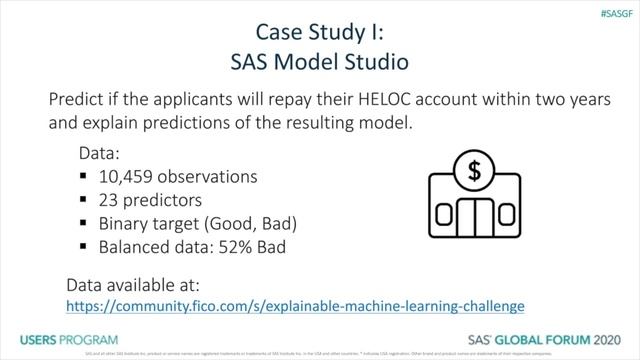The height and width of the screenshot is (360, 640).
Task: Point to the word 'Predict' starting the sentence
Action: pyautogui.click(x=79, y=103)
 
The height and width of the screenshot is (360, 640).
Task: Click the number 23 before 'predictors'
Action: pyautogui.click(x=111, y=199)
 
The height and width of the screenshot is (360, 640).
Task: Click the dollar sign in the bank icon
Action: pyautogui.click(x=474, y=171)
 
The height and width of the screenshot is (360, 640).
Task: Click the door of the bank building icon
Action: pyautogui.click(x=474, y=218)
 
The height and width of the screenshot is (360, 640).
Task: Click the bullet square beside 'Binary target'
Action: pyautogui.click(x=85, y=222)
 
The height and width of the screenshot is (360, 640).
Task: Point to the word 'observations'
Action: pyautogui.click(x=214, y=177)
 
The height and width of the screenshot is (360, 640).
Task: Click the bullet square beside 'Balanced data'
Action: pyautogui.click(x=85, y=244)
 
